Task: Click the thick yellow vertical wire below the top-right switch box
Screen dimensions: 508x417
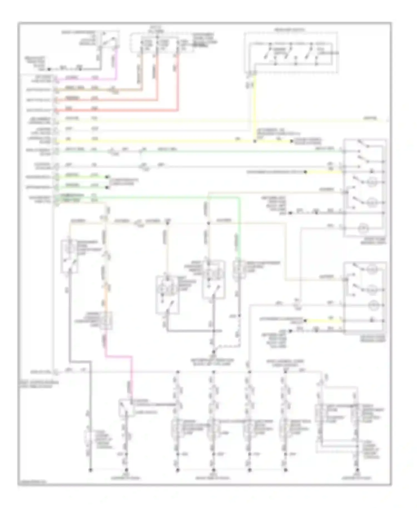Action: pyautogui.click(x=255, y=106)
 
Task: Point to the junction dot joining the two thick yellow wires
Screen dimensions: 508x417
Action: pyautogui.click(x=255, y=141)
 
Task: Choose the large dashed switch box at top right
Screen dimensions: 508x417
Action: pyautogui.click(x=291, y=53)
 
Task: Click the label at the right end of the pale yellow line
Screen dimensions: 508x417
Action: pyautogui.click(x=370, y=119)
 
